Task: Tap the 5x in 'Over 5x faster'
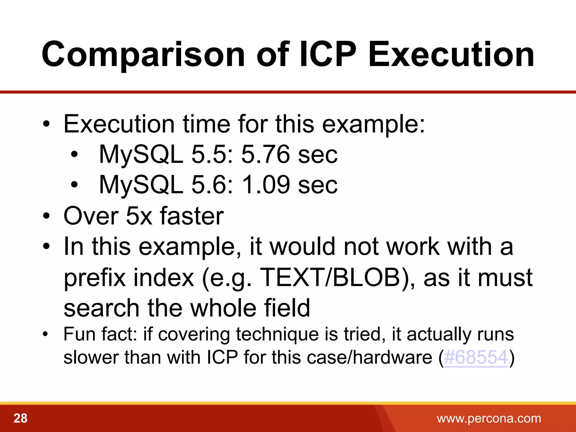(x=139, y=216)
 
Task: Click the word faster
(x=192, y=216)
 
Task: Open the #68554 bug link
(x=476, y=357)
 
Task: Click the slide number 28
(x=21, y=418)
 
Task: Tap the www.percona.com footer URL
(x=489, y=418)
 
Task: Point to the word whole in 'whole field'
(x=223, y=308)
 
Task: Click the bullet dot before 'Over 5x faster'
(x=46, y=216)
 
